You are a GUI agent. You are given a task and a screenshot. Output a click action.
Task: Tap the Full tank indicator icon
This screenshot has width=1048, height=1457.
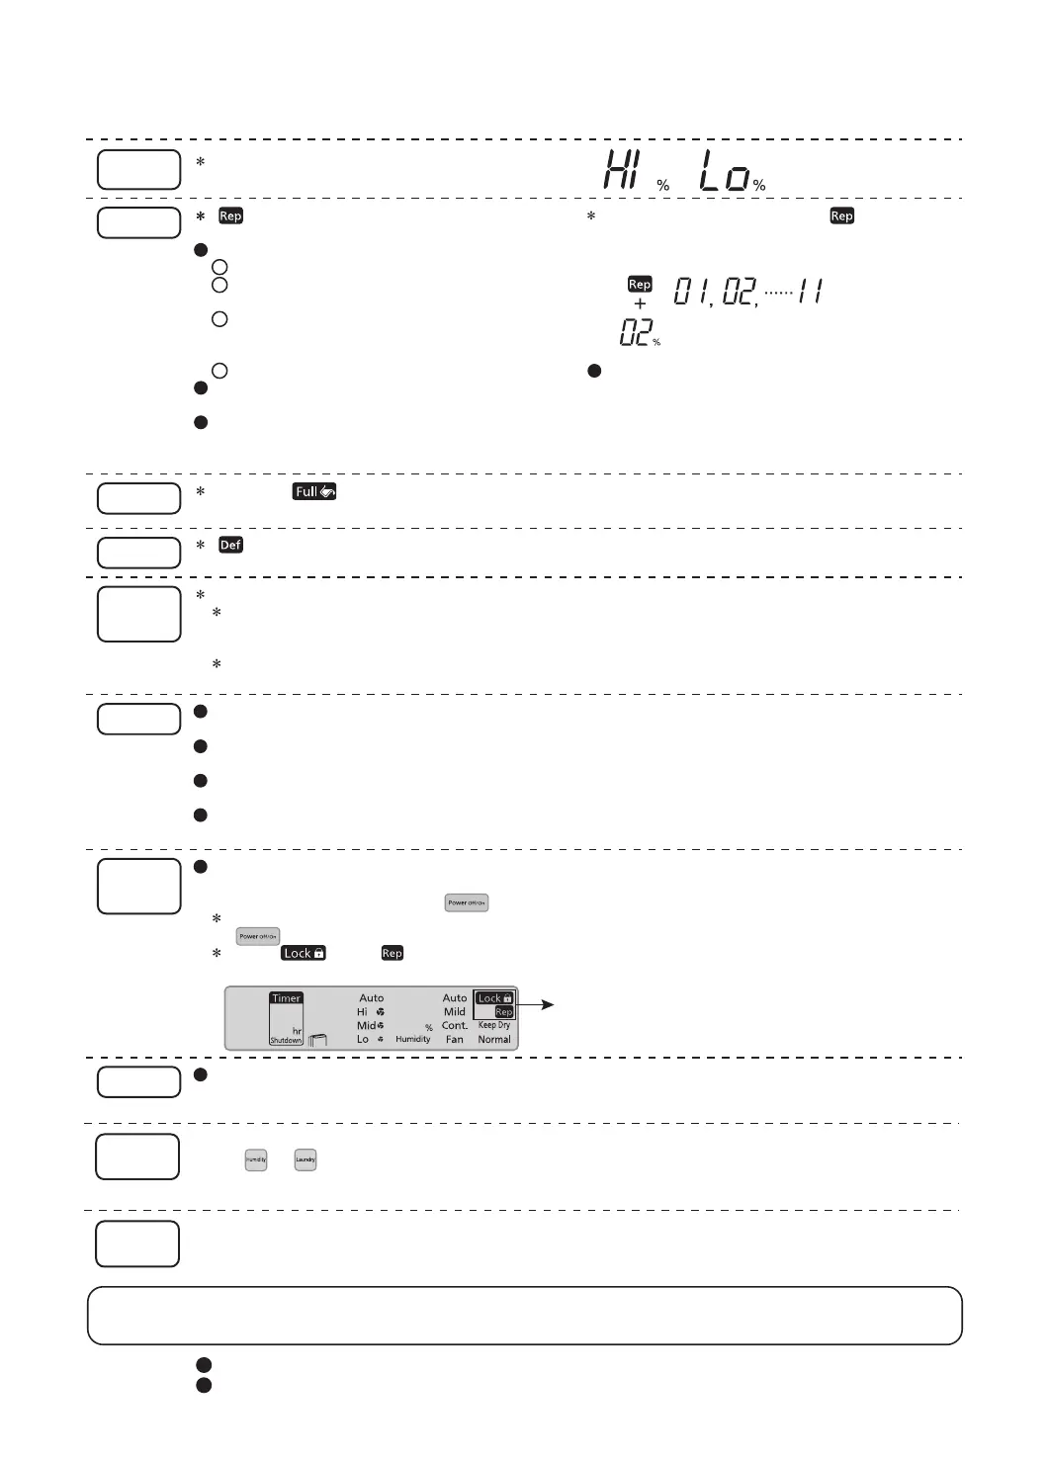point(314,491)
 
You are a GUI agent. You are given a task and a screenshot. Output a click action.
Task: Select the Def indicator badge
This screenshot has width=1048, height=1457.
point(230,545)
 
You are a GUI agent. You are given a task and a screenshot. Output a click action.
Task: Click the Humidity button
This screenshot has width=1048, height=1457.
point(256,1159)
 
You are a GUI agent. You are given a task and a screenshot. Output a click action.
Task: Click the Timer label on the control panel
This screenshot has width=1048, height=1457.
point(287,998)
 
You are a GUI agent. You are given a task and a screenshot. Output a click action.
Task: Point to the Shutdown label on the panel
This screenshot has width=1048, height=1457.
point(287,1040)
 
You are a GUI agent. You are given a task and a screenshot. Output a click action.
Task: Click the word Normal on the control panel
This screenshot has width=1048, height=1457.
point(494,1039)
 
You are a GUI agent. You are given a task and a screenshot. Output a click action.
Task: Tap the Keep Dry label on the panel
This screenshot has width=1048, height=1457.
point(494,1025)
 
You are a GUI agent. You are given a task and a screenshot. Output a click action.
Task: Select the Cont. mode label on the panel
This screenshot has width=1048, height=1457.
point(455,1025)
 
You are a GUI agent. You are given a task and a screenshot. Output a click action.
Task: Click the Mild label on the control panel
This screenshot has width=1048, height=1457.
point(455,1011)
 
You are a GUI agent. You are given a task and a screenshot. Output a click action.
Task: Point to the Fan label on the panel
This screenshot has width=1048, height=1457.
point(455,1039)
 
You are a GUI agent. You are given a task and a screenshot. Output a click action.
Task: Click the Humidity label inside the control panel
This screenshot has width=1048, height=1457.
point(413,1039)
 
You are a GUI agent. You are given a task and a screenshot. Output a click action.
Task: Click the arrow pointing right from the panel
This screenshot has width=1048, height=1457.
point(539,1004)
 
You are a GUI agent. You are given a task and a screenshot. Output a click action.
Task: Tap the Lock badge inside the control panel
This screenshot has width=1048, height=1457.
point(494,998)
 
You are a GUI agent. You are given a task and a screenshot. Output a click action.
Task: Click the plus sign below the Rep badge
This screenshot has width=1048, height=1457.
point(640,304)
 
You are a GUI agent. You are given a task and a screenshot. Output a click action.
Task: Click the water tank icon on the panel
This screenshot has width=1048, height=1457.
point(317,1039)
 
